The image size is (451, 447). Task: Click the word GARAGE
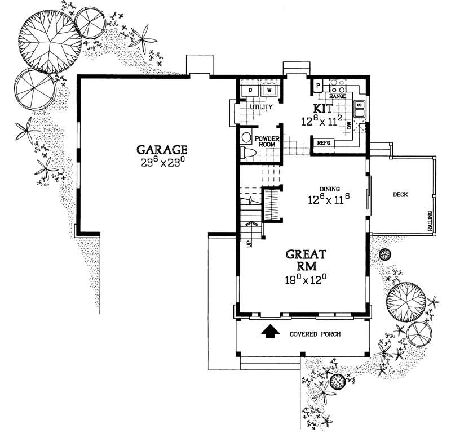point(162,150)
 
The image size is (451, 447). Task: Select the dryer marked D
point(250,91)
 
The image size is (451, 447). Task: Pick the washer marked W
point(268,90)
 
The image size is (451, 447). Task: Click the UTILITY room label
point(261,107)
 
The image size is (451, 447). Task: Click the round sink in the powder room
point(246,136)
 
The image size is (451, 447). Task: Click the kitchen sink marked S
point(359,105)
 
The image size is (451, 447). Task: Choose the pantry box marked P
point(318,86)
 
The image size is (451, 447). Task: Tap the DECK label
point(400,195)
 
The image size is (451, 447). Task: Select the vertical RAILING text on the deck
point(430,221)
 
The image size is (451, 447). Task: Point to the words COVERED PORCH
point(315,334)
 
